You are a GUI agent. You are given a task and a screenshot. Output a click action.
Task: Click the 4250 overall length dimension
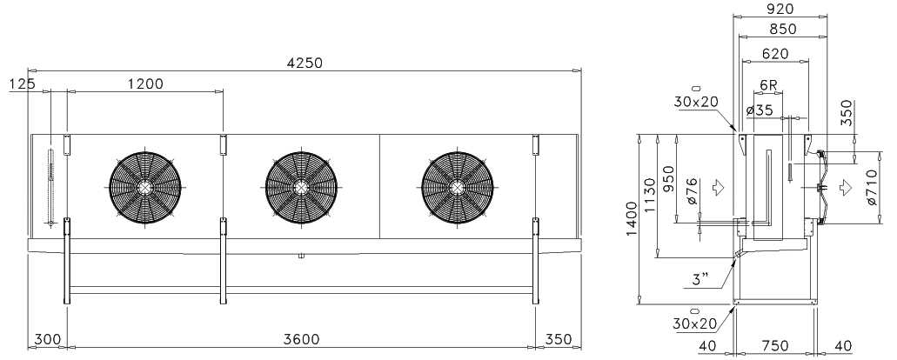pos(305,63)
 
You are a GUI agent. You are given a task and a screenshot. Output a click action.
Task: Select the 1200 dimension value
pos(144,83)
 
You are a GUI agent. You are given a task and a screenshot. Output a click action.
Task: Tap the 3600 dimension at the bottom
pos(302,339)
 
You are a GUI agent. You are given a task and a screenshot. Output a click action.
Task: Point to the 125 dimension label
pos(23,83)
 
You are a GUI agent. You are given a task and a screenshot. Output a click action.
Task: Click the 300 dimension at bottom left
pos(48,339)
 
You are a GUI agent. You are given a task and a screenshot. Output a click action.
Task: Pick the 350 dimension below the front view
pos(559,339)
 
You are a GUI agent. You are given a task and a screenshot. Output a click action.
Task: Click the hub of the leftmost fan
pos(144,187)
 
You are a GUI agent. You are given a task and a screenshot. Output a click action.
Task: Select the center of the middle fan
pos(301,187)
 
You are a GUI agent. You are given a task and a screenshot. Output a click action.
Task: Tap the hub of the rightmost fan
pos(457,187)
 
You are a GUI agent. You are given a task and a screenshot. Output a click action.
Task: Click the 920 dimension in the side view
pos(780,9)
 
